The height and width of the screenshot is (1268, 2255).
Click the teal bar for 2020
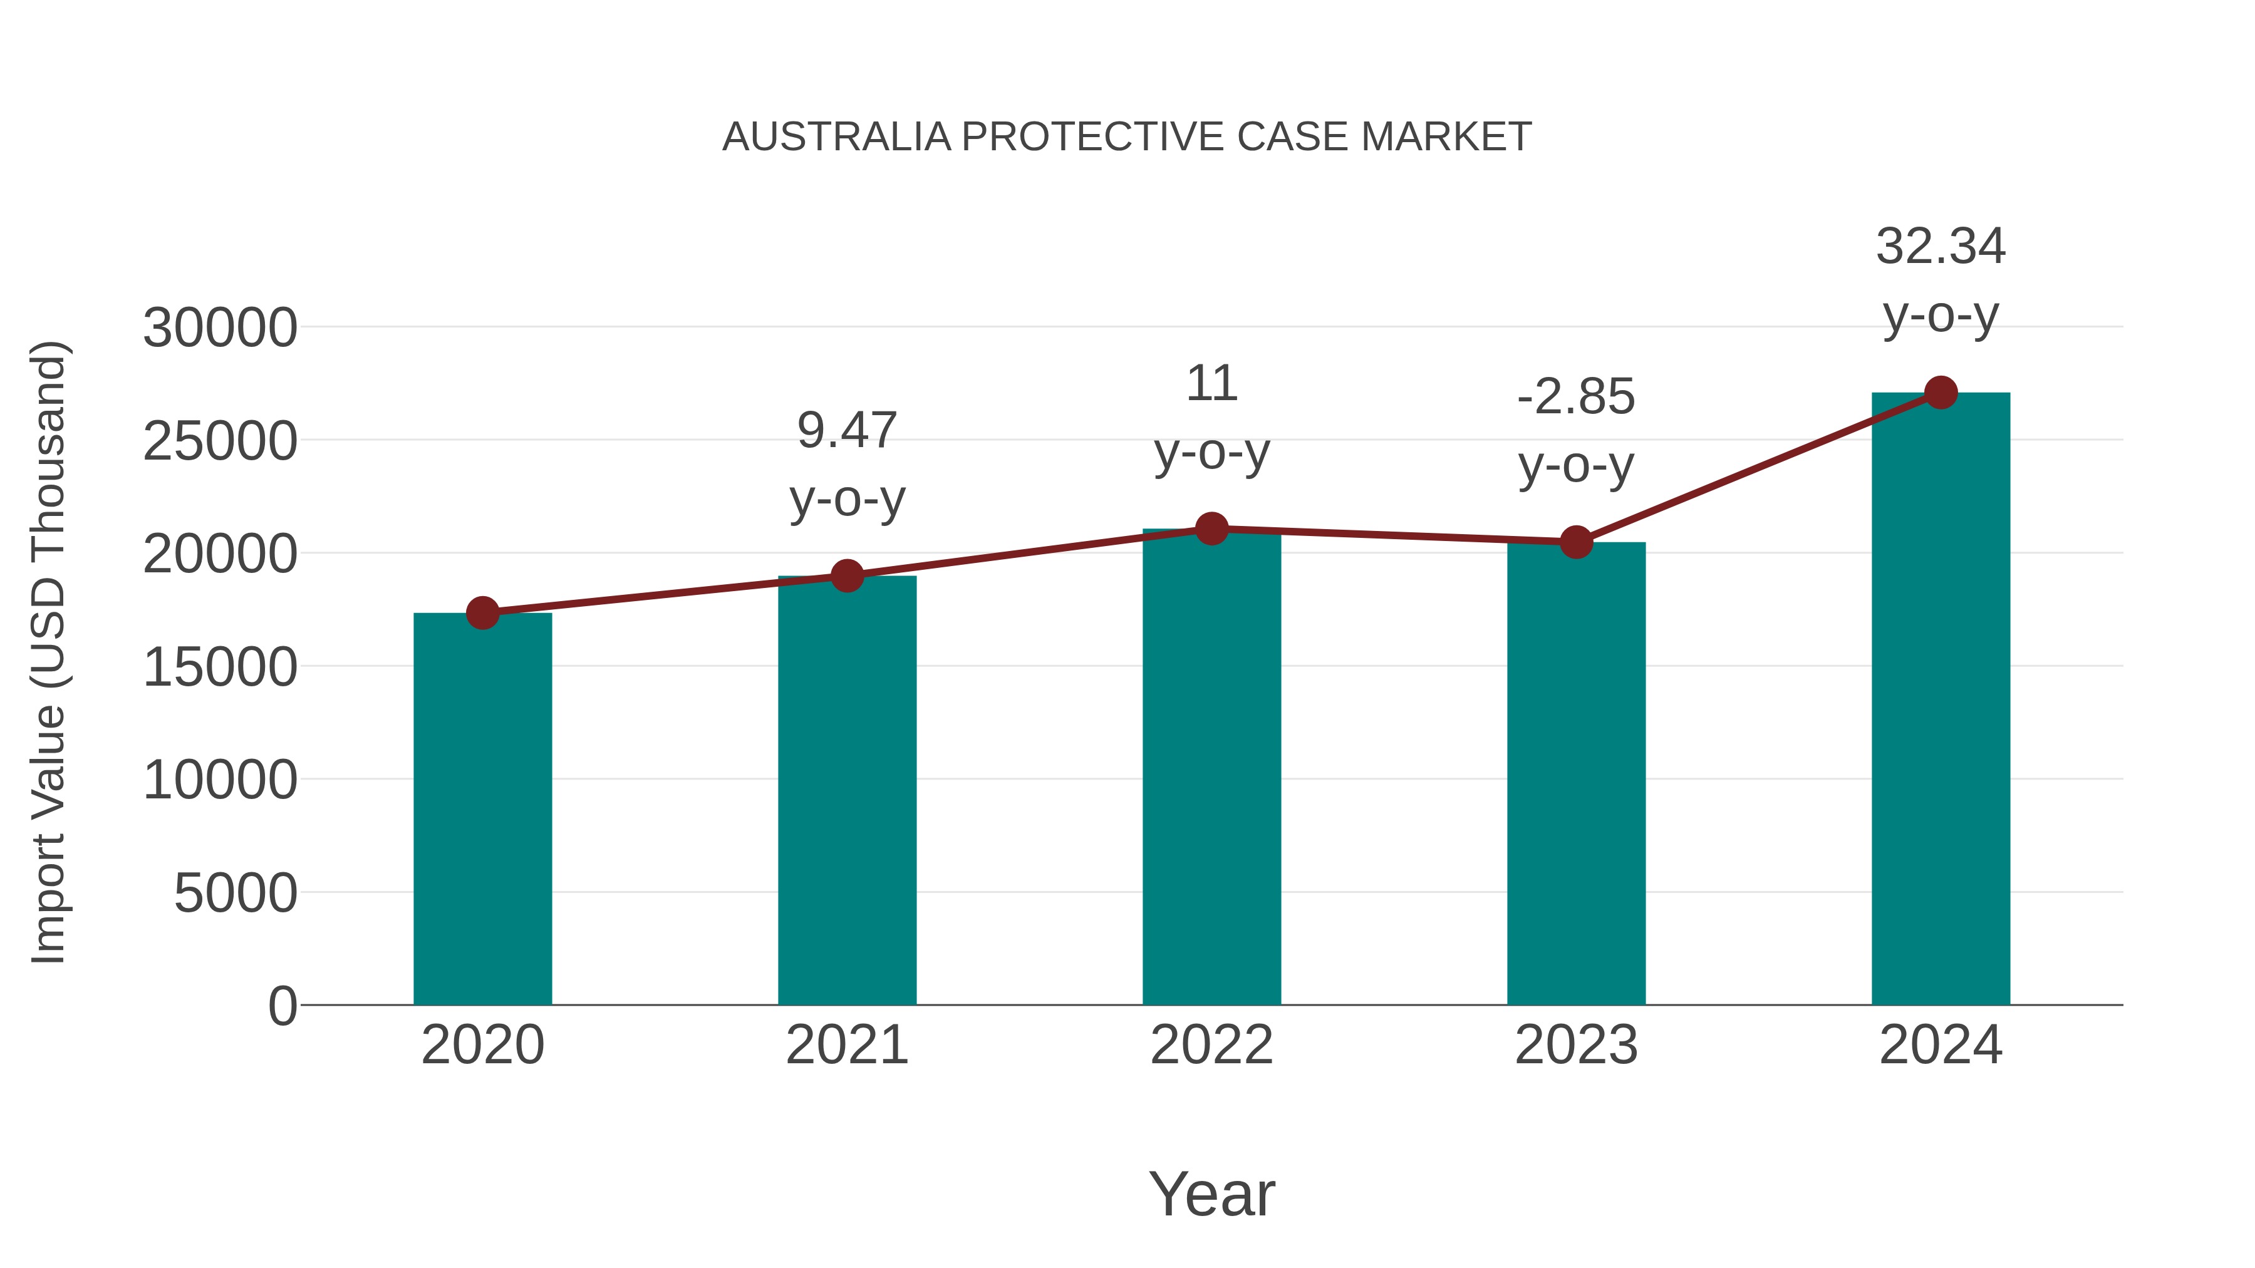[482, 810]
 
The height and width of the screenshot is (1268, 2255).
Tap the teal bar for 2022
[1211, 768]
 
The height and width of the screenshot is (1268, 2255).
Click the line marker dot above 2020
[482, 614]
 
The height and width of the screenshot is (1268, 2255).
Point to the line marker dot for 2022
[1211, 528]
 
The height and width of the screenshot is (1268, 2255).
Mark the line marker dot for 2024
[1941, 393]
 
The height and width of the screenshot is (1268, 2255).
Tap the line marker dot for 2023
[1576, 542]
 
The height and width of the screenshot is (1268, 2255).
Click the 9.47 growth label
[846, 431]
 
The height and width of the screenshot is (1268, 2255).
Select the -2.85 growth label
[1576, 397]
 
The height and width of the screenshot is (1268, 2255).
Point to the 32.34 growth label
[1941, 247]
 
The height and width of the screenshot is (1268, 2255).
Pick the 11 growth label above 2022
[1211, 384]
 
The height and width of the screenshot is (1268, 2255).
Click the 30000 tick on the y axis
[220, 328]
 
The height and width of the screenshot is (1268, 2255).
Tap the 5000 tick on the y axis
[236, 894]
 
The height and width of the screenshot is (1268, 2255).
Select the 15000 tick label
[220, 667]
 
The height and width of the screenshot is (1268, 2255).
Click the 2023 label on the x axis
[1576, 1045]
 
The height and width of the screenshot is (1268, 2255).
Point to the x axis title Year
[1211, 1193]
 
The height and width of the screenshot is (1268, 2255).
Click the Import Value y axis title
[49, 652]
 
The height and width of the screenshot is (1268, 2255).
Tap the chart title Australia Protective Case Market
[1127, 137]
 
